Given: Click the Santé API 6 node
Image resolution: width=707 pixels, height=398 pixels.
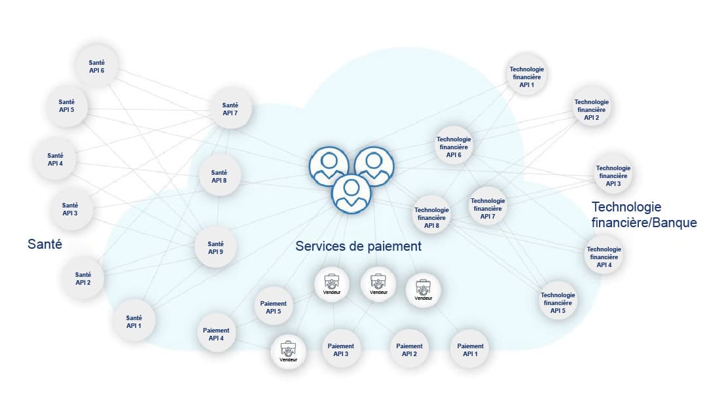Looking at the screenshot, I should coord(97,66).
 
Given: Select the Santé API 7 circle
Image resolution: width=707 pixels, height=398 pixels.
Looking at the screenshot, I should coord(230,109).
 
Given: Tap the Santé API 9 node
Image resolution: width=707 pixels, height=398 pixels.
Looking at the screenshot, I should coord(216,248).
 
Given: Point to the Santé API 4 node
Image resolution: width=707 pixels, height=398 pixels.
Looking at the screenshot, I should coord(56,159).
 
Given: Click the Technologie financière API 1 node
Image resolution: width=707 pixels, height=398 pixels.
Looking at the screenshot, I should coord(527,77).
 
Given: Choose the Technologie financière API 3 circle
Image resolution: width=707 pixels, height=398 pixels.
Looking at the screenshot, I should coord(613,175).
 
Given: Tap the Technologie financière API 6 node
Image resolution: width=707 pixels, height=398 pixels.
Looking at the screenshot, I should coord(454,147).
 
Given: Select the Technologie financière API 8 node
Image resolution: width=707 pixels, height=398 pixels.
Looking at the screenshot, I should coord(431,218).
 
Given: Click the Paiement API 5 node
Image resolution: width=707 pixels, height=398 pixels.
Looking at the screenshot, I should coord(274,308).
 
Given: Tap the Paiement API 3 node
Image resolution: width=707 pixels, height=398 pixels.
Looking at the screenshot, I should coord(340,350).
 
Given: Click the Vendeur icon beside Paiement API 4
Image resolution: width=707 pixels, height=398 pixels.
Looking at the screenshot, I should coord(289,352).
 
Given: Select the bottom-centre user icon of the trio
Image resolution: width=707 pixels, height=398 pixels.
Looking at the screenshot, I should coord(351,194).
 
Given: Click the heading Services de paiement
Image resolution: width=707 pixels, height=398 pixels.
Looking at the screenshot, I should coord(358,247).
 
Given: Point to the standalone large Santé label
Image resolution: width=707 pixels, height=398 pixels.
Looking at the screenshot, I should coord(45,244).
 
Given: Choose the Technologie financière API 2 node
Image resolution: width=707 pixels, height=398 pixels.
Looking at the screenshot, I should coord(591,109).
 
